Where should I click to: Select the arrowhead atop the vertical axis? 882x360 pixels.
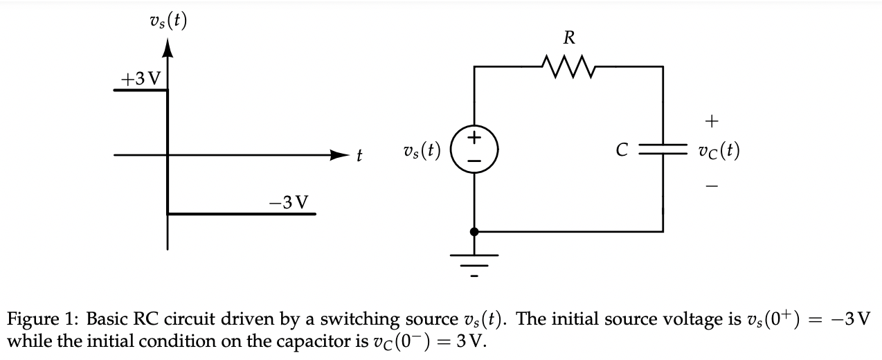[168, 48]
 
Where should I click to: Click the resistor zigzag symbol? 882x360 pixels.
[568, 67]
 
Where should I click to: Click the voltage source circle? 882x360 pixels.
[474, 149]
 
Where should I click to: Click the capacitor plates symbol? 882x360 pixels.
[663, 149]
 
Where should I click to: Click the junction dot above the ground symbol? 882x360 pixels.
[474, 232]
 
